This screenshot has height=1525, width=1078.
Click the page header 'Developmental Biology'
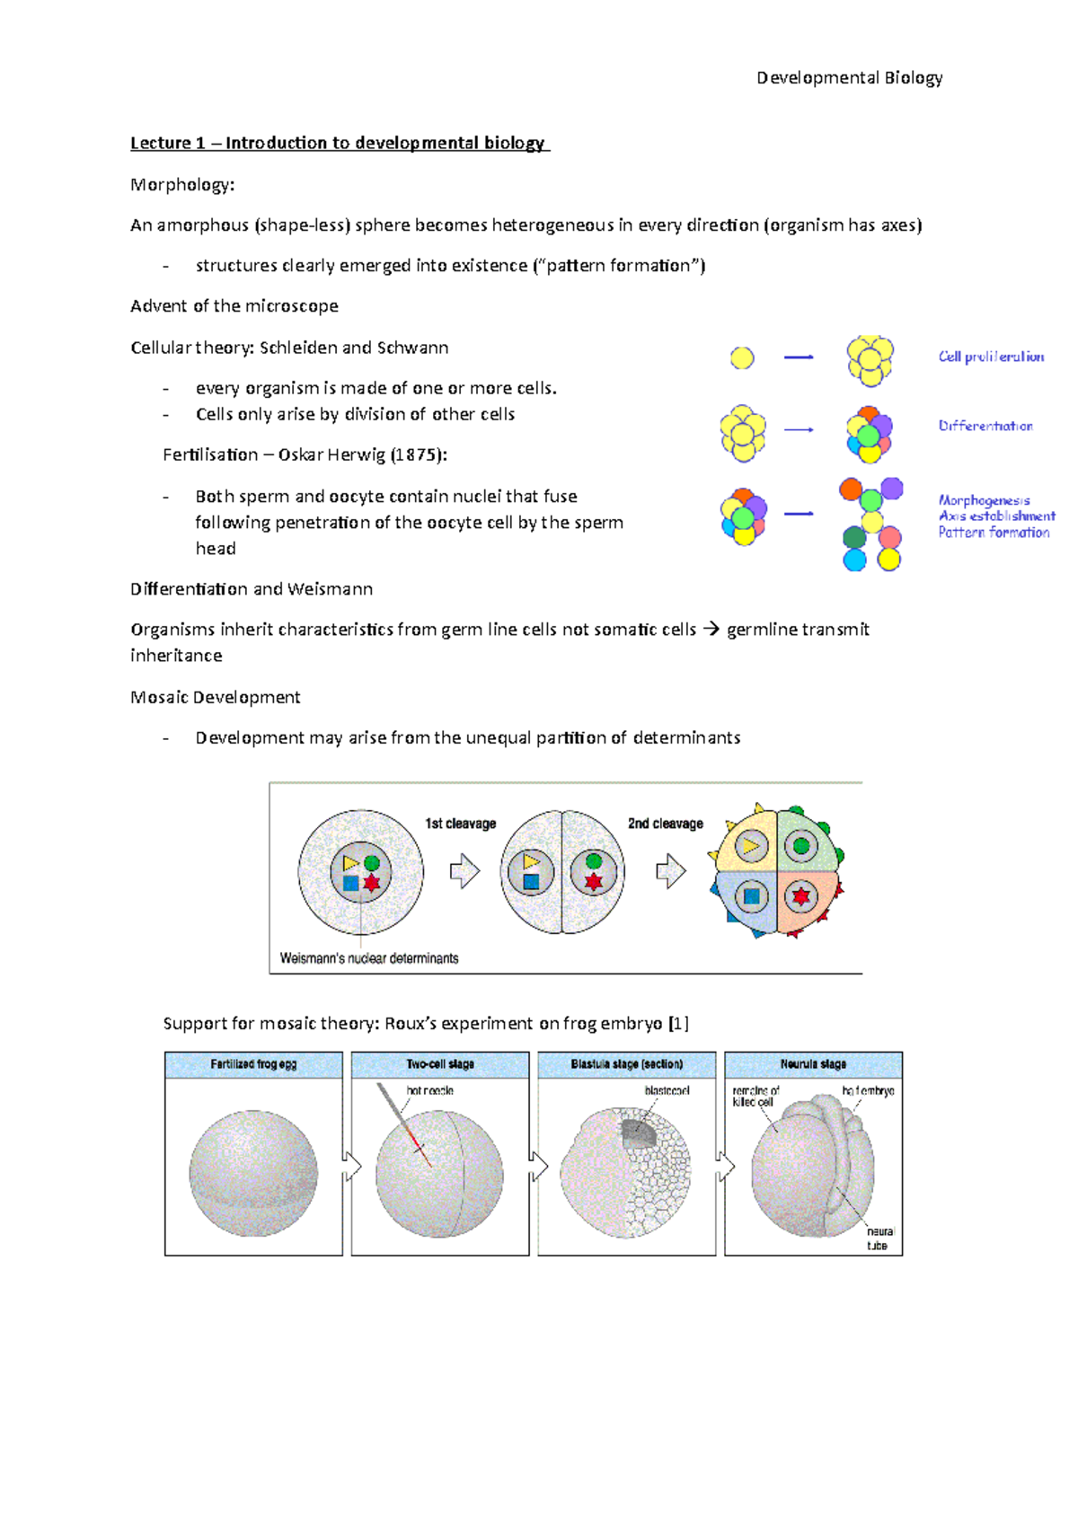(849, 78)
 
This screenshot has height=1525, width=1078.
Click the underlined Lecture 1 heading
(339, 143)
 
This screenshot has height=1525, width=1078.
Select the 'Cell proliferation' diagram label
(991, 357)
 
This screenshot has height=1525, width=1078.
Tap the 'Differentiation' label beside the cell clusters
(985, 426)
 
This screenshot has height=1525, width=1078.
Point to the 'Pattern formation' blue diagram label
(994, 533)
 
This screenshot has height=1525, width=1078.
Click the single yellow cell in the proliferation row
(742, 358)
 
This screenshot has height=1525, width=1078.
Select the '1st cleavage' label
(460, 824)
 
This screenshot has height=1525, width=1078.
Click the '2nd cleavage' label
(665, 824)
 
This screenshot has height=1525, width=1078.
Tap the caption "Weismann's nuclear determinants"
(369, 958)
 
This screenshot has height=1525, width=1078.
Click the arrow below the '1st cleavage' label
(464, 870)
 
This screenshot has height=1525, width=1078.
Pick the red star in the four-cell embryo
(800, 895)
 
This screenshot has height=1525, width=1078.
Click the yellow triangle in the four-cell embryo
(751, 845)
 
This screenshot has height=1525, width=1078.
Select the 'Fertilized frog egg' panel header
(253, 1064)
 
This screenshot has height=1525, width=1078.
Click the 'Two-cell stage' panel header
(440, 1064)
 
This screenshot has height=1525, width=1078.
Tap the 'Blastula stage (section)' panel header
(627, 1064)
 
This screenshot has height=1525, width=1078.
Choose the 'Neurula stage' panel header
(813, 1064)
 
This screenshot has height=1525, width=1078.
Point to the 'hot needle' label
(430, 1090)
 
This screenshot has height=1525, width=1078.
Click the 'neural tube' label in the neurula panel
(879, 1239)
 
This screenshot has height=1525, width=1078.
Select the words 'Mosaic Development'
(216, 697)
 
